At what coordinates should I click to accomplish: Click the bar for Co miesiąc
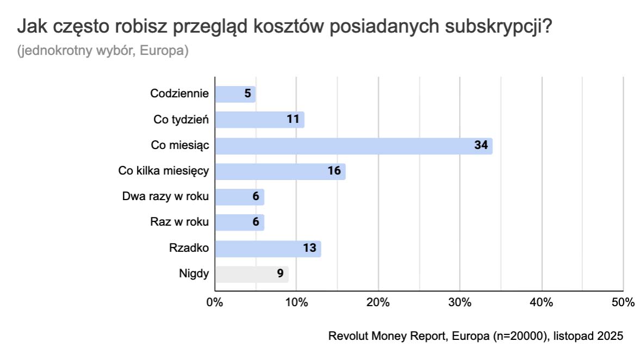pos(353,146)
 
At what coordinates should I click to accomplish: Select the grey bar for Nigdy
pos(251,274)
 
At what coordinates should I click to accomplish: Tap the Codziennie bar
pos(235,94)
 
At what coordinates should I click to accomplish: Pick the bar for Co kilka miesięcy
pos(280,171)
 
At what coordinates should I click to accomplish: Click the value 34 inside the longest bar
pos(481,146)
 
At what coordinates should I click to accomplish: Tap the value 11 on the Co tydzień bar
pos(294,120)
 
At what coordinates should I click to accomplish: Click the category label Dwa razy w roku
pos(166,196)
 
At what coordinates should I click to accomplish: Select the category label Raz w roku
pos(179,222)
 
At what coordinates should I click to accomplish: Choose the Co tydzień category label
pos(181,120)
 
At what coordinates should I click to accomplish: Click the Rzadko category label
pos(189,249)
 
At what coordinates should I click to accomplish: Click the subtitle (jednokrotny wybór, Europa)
pos(103,51)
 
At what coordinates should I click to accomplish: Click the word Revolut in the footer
pos(348,336)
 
